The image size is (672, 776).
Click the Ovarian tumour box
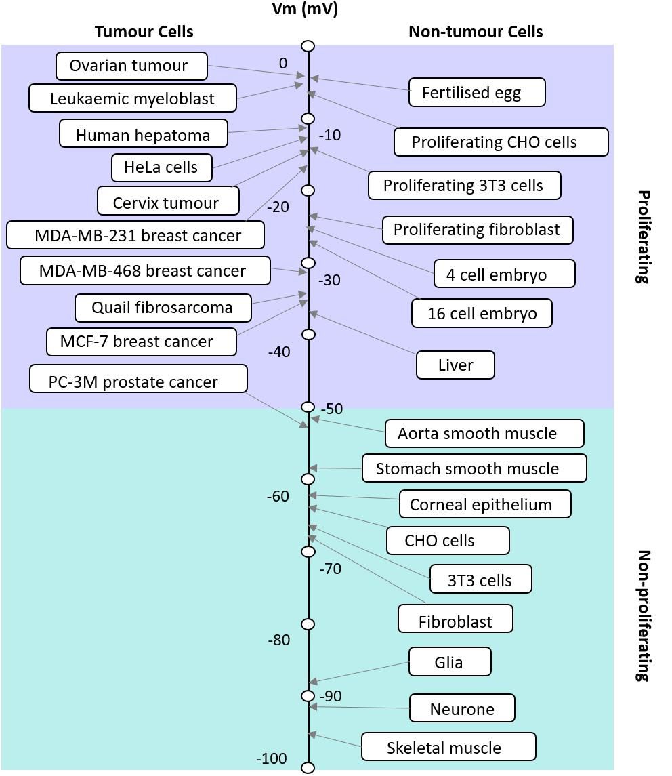coord(131,66)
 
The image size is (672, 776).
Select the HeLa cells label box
coord(161,167)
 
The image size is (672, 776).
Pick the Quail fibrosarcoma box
coord(163,308)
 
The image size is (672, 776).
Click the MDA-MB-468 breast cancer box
coord(145,270)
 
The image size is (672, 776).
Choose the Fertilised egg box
coord(476,92)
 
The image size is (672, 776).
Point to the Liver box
coord(455,365)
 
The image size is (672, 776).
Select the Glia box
coord(450,661)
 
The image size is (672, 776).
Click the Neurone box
coord(462,708)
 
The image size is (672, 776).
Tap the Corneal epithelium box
coord(484,504)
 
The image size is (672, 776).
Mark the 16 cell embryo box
coord(482,313)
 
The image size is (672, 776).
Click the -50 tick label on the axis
coord(331,409)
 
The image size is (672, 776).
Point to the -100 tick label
coord(271,758)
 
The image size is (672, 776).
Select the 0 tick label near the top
coord(282,63)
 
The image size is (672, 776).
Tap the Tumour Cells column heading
coord(144,32)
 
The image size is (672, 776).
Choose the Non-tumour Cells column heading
coord(476,32)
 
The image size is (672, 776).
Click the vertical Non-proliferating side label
coord(644,615)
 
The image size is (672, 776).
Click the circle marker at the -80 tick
coord(308,624)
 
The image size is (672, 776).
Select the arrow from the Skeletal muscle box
coord(335,740)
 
